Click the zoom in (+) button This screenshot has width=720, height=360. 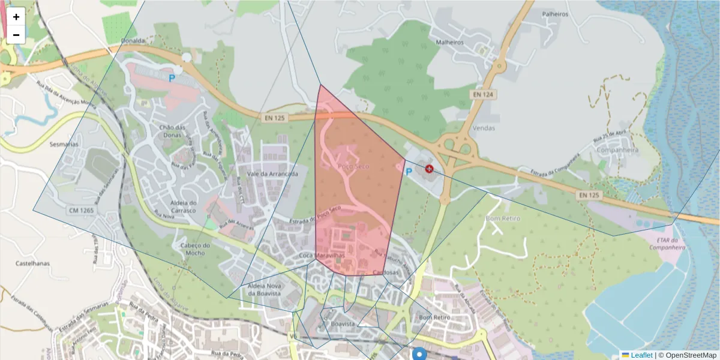pyautogui.click(x=16, y=17)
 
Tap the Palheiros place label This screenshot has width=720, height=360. pyautogui.click(x=554, y=13)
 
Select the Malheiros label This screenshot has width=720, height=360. pyautogui.click(x=450, y=43)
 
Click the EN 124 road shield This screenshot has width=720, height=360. pyautogui.click(x=482, y=94)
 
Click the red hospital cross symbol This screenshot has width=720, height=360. pyautogui.click(x=430, y=169)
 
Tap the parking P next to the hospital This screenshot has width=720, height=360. pyautogui.click(x=409, y=172)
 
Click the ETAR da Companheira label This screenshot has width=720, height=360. pyautogui.click(x=667, y=243)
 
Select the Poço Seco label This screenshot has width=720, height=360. pyautogui.click(x=353, y=166)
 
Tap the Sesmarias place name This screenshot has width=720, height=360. pyautogui.click(x=64, y=145)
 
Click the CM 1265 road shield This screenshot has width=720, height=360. pyautogui.click(x=81, y=211)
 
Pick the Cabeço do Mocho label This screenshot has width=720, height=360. pyautogui.click(x=195, y=249)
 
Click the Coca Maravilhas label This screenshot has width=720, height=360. pyautogui.click(x=322, y=256)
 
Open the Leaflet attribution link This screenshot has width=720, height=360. pyautogui.click(x=641, y=355)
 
